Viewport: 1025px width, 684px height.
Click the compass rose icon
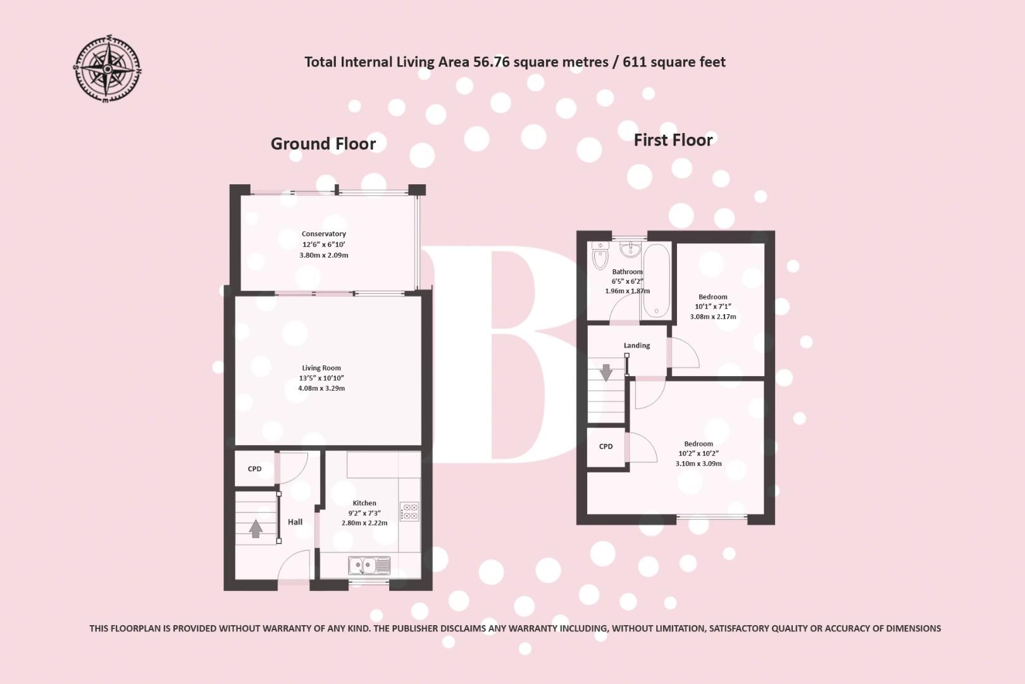click(x=108, y=70)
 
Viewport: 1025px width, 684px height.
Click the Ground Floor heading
click(x=323, y=144)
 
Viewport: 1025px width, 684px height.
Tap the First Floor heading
click(x=673, y=140)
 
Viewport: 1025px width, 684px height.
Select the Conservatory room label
click(x=324, y=234)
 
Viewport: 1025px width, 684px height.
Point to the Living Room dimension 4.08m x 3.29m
click(x=321, y=388)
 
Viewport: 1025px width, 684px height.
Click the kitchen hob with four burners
click(x=409, y=511)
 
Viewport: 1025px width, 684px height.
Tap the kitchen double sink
click(x=369, y=564)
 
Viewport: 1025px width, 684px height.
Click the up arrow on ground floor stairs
click(x=256, y=528)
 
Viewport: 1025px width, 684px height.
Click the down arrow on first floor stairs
click(x=606, y=372)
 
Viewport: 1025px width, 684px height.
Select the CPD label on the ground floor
click(x=254, y=469)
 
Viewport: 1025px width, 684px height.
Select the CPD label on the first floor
click(x=606, y=446)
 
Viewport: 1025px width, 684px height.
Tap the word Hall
click(x=295, y=522)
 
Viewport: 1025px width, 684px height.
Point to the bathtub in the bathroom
click(x=656, y=281)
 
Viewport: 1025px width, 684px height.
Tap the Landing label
click(x=637, y=346)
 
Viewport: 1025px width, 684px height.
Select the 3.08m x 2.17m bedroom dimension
click(x=713, y=317)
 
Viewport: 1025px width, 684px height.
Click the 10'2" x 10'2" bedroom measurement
click(x=699, y=453)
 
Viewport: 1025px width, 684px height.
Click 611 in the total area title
click(x=634, y=62)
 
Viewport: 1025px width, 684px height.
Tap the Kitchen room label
click(x=364, y=503)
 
